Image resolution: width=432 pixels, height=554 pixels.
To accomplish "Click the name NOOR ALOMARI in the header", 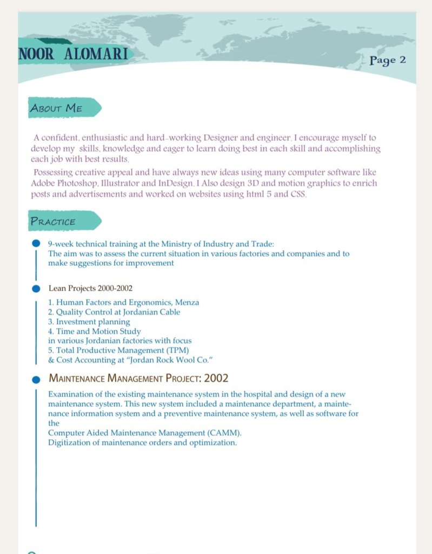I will click(x=74, y=55).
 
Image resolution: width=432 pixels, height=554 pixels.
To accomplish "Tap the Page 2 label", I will click(x=388, y=60).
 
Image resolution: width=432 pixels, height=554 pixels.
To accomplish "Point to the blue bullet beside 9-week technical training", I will click(x=36, y=244).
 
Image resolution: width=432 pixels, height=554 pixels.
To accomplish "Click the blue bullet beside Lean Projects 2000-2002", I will click(x=36, y=288).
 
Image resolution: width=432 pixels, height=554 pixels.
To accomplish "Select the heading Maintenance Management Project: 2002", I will click(x=138, y=377).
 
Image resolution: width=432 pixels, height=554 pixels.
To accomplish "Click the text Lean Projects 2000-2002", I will click(x=90, y=288).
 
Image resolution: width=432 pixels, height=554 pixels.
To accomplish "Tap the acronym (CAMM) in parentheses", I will click(x=224, y=433).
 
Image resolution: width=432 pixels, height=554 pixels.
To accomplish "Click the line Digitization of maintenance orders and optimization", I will click(x=142, y=442).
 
